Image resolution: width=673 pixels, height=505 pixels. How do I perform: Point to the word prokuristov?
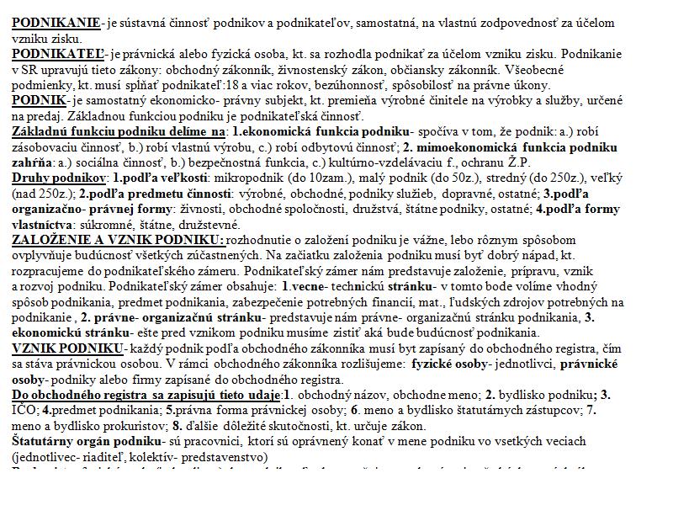click(x=144, y=426)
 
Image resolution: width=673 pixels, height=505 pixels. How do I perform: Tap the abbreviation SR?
click(x=29, y=70)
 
